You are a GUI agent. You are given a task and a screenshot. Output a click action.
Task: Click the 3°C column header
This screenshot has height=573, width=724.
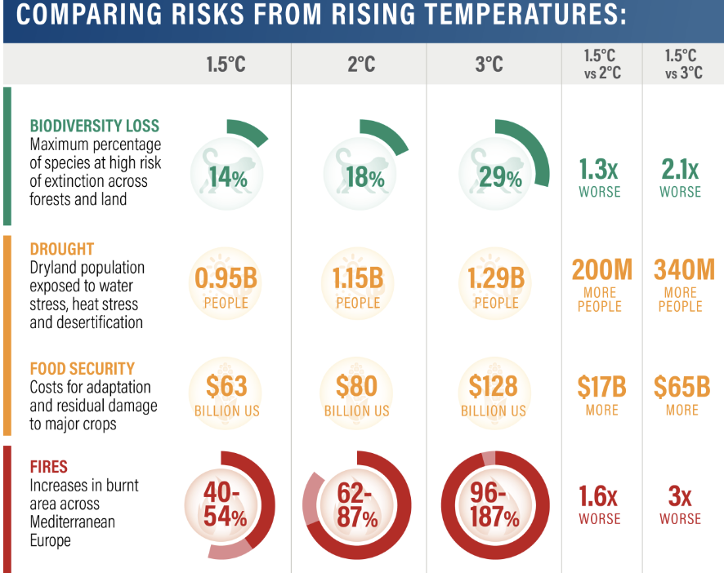(489, 64)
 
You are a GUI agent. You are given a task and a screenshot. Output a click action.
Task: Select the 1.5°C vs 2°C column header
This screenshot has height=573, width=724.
(601, 64)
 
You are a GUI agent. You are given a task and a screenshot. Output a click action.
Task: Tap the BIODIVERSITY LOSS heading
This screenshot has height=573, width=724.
(95, 127)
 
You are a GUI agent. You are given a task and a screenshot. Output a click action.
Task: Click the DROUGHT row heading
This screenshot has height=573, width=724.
(62, 250)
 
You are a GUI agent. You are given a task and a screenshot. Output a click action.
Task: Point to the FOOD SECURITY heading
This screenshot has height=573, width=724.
(83, 369)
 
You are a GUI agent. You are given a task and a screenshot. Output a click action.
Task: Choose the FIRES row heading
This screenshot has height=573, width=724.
(49, 469)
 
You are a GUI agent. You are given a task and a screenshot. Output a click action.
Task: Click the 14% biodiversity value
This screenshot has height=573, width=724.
(226, 178)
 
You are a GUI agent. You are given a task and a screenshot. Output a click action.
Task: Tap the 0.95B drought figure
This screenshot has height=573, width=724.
(226, 279)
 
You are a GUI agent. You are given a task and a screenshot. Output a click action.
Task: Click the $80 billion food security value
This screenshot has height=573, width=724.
(357, 386)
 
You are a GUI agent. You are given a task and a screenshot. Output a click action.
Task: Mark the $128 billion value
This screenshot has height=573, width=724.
(494, 386)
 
